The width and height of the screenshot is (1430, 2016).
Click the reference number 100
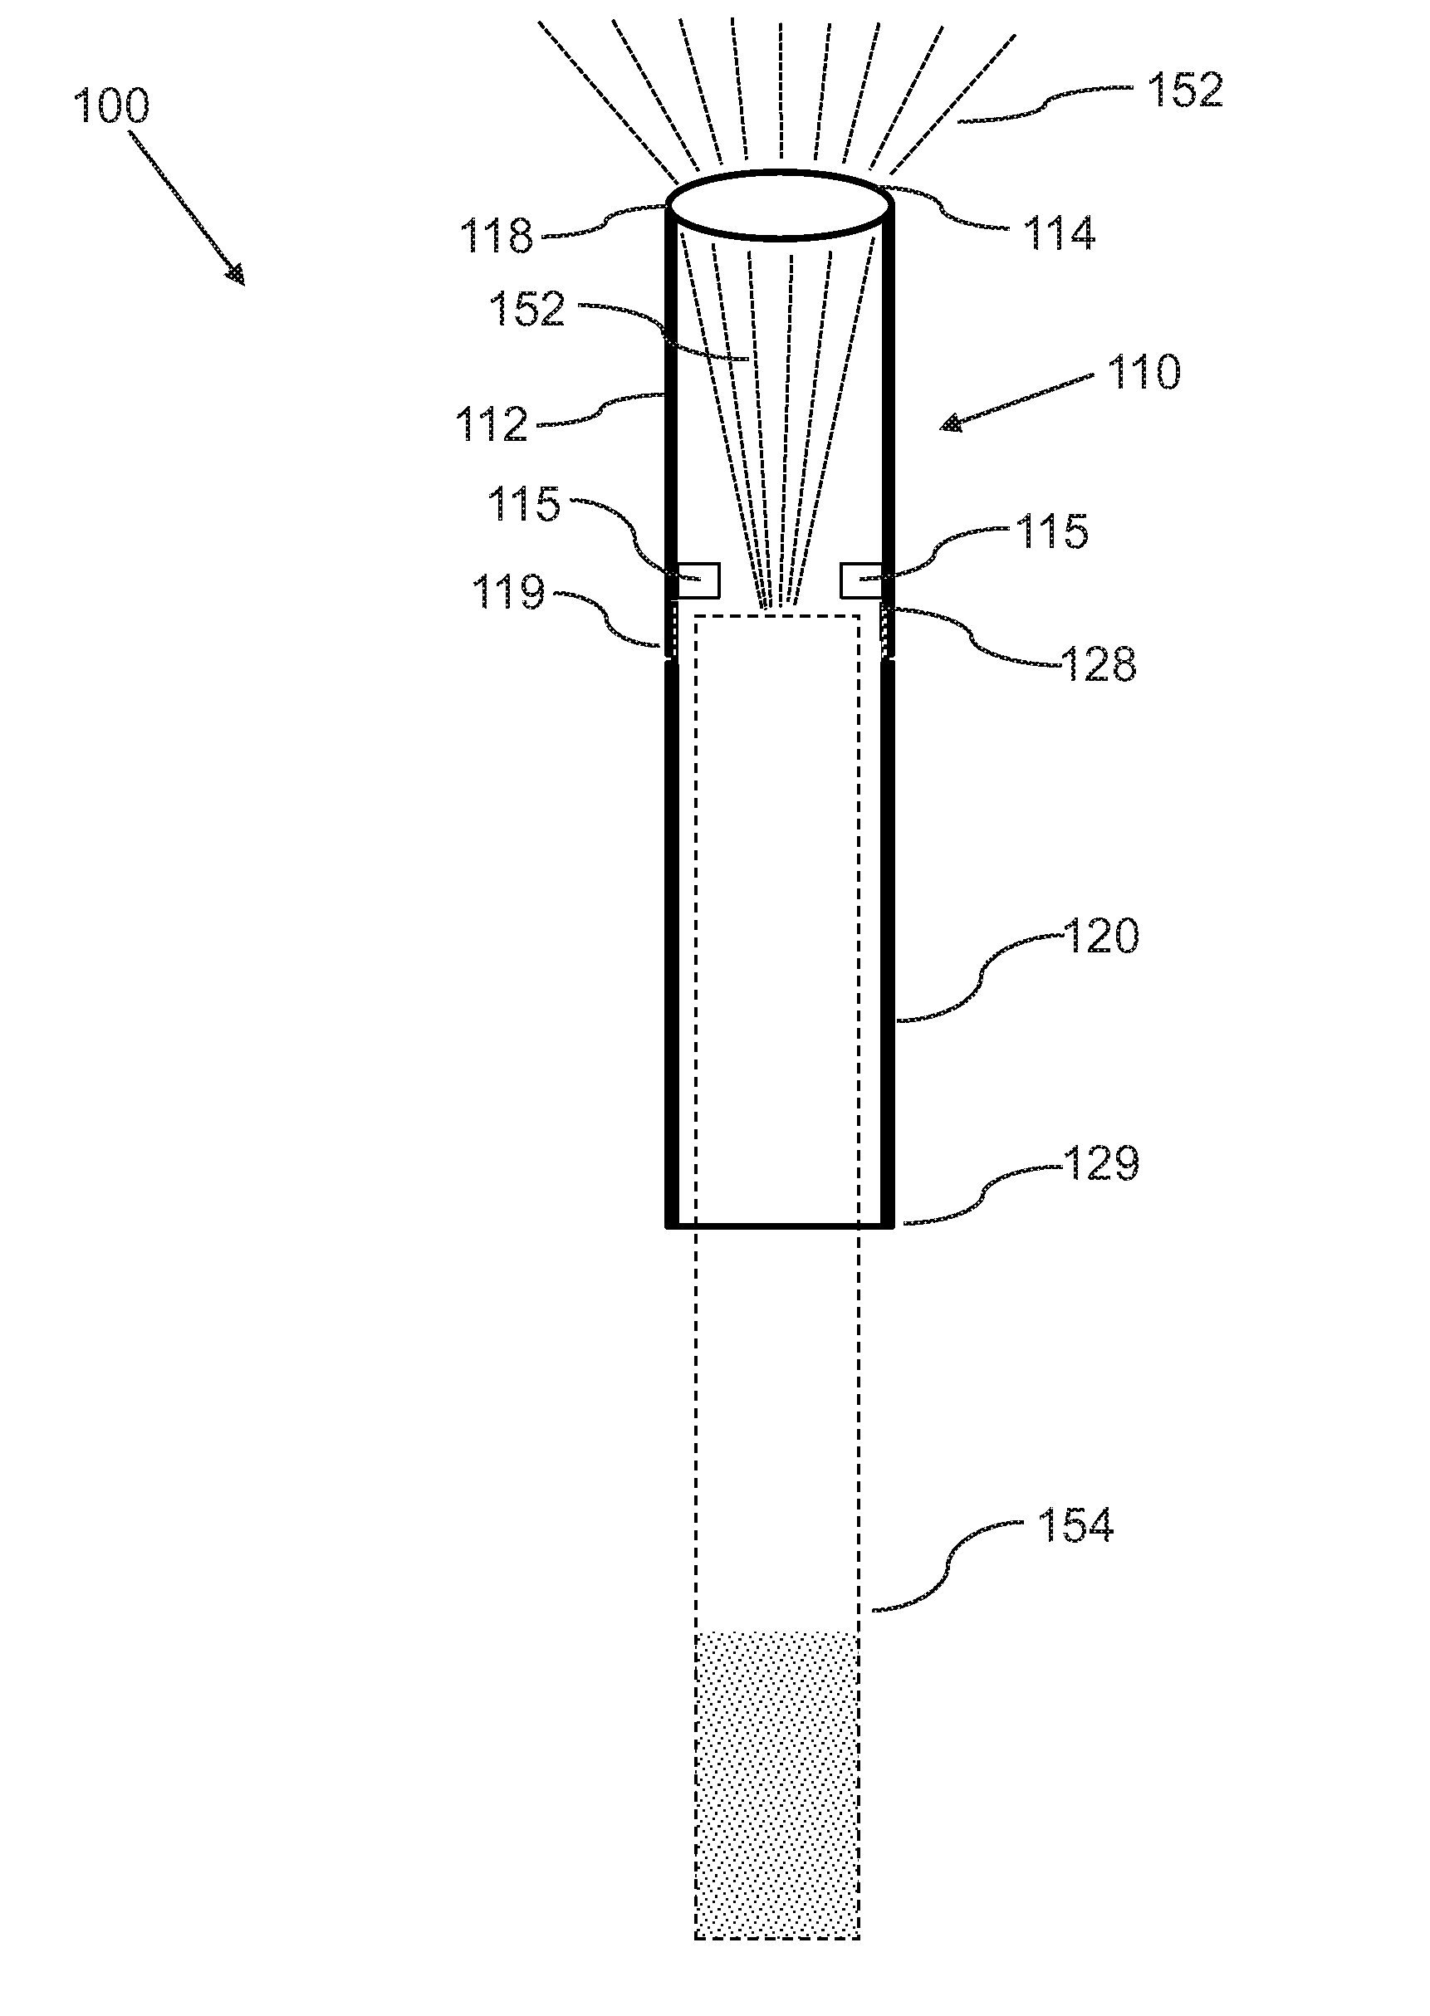click(111, 106)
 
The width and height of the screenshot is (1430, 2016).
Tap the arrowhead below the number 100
click(235, 276)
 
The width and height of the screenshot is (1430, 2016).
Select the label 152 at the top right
click(1185, 91)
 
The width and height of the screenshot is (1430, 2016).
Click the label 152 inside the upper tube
click(526, 310)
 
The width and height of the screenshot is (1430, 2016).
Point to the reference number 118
click(497, 237)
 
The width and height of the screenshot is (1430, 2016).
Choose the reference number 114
click(1059, 234)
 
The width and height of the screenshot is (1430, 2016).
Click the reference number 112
click(492, 425)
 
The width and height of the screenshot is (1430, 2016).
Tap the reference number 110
click(1143, 372)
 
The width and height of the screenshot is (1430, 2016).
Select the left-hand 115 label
click(524, 505)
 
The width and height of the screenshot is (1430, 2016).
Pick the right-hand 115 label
click(1052, 532)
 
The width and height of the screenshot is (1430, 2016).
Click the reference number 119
click(508, 593)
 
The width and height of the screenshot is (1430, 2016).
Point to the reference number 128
click(1099, 664)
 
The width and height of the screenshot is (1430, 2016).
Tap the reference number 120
click(1101, 936)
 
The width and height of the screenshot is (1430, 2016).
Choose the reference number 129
click(1101, 1164)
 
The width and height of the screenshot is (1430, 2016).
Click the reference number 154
click(1075, 1524)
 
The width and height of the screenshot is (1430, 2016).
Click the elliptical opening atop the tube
click(779, 204)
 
